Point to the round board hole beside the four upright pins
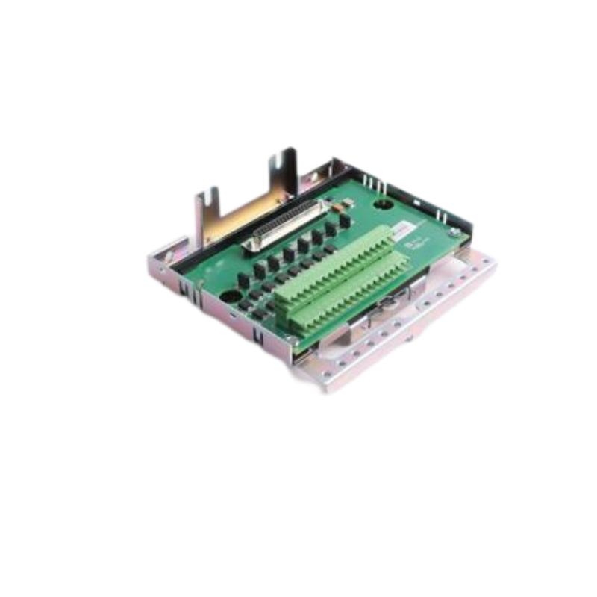tap(382, 203)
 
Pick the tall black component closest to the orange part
tap(344, 221)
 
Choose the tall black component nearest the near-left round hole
tap(243, 281)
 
